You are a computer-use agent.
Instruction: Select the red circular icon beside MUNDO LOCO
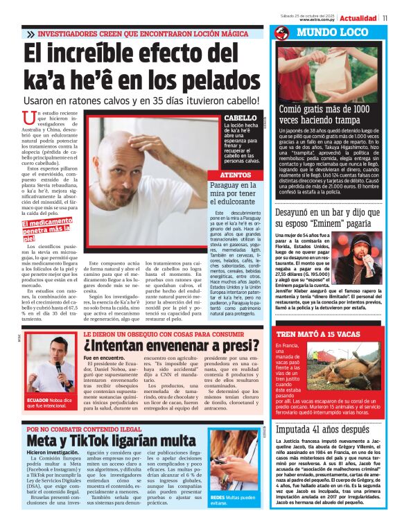point(281,33)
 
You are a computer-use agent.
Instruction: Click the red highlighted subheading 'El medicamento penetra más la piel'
point(46,231)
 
